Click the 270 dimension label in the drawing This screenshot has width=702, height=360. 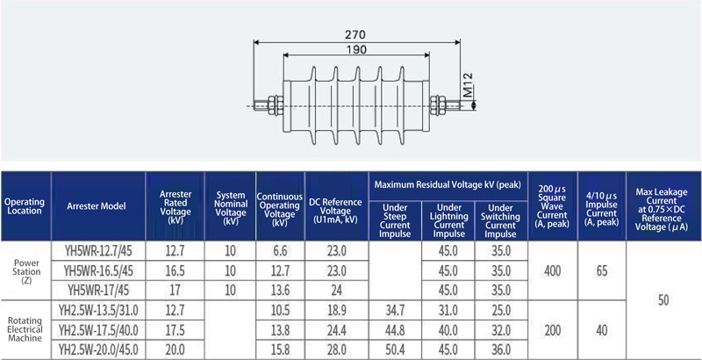(x=355, y=34)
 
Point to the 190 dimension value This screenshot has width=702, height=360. (x=356, y=49)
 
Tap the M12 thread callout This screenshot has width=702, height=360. (x=467, y=85)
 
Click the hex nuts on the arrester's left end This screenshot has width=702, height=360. (x=276, y=105)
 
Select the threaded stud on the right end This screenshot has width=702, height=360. (x=452, y=105)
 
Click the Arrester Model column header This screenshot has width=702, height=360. (x=97, y=206)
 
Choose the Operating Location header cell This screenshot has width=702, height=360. (x=25, y=206)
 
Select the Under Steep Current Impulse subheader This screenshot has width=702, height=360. (x=395, y=220)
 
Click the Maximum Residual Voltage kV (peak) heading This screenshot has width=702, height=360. (x=448, y=184)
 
